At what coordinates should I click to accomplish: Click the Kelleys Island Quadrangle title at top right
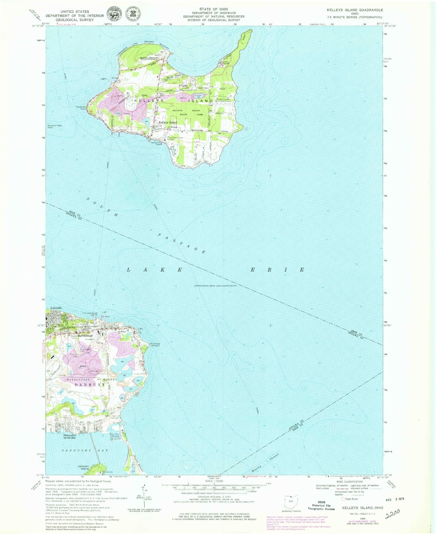pos(355,10)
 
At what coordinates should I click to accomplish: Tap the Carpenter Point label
pos(81,108)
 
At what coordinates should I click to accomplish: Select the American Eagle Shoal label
pos(55,126)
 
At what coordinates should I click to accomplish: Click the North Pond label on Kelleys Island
pos(174,77)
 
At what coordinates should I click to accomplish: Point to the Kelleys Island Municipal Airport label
pos(224,100)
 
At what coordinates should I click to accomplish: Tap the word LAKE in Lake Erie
pos(155,270)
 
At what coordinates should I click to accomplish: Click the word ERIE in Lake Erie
pos(277,270)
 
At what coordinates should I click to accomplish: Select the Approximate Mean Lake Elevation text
pos(215,286)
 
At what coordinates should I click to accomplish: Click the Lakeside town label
pos(56,308)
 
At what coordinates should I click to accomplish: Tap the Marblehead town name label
pos(85,336)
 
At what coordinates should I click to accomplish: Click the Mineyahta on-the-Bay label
pos(69,436)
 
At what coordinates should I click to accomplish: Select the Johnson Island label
pos(83,467)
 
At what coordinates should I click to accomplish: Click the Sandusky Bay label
pos(85,451)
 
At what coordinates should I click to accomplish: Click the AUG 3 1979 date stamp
pos(395,499)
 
